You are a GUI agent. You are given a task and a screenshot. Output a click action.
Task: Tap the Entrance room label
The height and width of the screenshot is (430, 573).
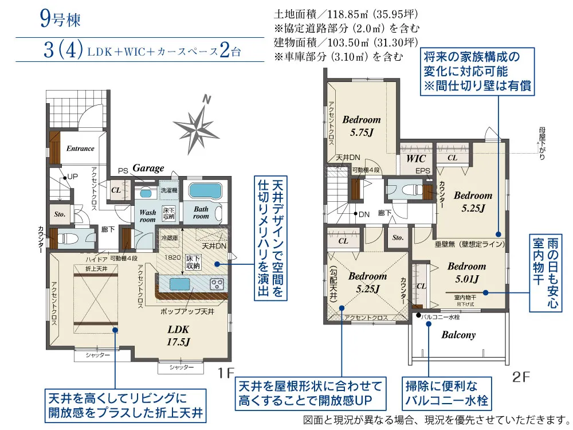click(x=80, y=148)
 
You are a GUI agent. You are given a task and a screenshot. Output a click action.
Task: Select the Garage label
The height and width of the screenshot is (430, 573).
click(x=148, y=168)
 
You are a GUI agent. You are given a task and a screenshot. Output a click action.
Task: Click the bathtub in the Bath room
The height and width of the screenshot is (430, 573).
click(x=205, y=191)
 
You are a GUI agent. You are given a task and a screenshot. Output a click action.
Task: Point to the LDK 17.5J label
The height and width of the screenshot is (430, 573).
click(x=178, y=335)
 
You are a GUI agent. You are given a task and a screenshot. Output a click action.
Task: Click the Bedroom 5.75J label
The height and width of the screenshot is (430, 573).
click(x=362, y=125)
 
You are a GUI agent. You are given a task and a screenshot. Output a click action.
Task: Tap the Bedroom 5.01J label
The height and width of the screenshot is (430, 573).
click(x=466, y=272)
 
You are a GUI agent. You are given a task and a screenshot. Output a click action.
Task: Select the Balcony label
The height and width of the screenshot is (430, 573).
click(x=458, y=335)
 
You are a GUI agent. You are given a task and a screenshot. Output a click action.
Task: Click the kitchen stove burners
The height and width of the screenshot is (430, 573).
click(x=218, y=283)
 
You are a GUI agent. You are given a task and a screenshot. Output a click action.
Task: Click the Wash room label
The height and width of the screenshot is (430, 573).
click(x=148, y=216)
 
